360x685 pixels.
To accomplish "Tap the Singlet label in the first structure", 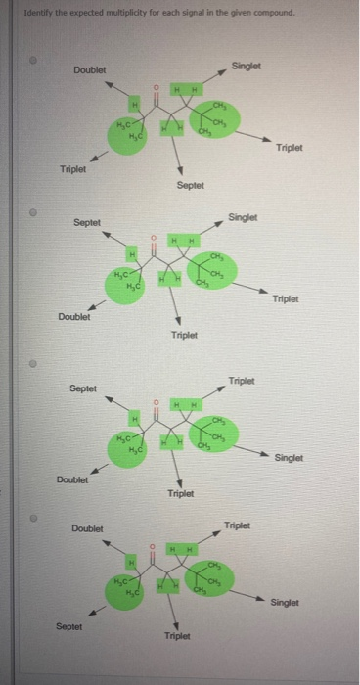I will pos(246,65).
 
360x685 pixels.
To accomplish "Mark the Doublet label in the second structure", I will pos(74,316).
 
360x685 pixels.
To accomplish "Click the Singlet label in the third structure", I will pos(289,457).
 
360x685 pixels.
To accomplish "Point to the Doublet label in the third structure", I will pos(71,479).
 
